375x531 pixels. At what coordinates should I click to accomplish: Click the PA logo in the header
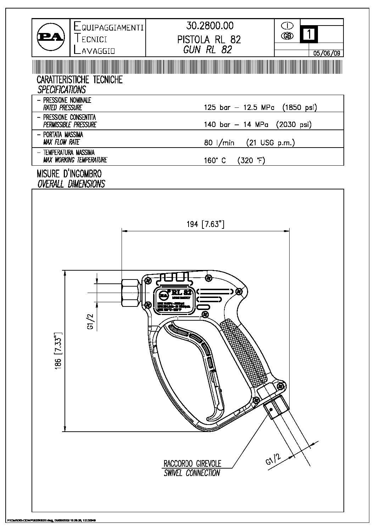click(51, 37)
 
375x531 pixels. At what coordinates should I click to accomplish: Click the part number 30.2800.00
click(210, 26)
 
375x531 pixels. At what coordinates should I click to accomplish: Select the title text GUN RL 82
click(208, 50)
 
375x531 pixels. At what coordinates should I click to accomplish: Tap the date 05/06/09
click(326, 53)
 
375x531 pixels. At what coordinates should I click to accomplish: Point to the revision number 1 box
click(309, 34)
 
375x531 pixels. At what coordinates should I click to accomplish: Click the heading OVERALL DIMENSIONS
click(71, 184)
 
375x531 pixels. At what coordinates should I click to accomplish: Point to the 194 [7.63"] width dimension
click(206, 225)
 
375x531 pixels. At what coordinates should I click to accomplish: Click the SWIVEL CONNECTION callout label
click(192, 473)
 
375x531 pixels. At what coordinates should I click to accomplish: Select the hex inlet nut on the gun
click(131, 293)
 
